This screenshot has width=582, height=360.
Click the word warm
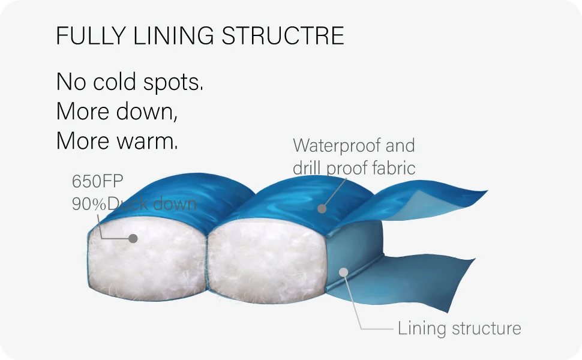(x=146, y=142)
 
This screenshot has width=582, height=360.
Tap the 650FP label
(x=97, y=181)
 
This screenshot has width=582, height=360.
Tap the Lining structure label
(x=459, y=329)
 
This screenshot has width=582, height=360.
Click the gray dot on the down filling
(x=133, y=238)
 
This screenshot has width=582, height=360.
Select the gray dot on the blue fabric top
(x=322, y=209)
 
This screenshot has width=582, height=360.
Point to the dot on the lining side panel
(x=343, y=272)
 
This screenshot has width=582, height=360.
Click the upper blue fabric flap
(x=426, y=198)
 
